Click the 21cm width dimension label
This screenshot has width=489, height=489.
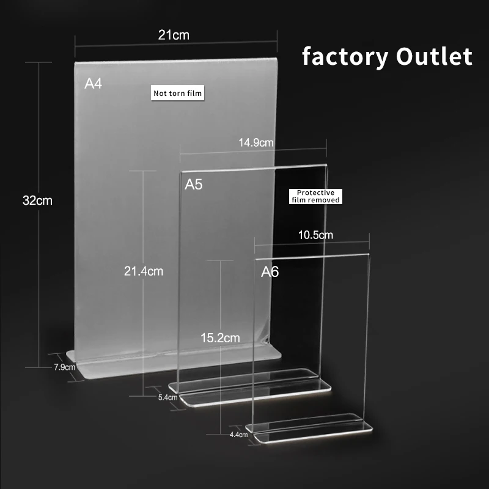coord(174,35)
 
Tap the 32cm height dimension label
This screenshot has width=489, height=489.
coord(38,200)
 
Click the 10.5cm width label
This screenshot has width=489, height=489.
coord(315,234)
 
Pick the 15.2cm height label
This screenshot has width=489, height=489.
coord(221,337)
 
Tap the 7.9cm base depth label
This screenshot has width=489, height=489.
coord(64,367)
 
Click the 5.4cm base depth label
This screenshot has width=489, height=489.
coord(167,397)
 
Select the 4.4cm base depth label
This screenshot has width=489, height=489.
coord(238,435)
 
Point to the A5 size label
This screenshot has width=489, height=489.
coord(194,185)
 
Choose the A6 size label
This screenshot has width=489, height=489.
coord(270,271)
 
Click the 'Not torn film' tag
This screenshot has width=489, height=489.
coord(178,93)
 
